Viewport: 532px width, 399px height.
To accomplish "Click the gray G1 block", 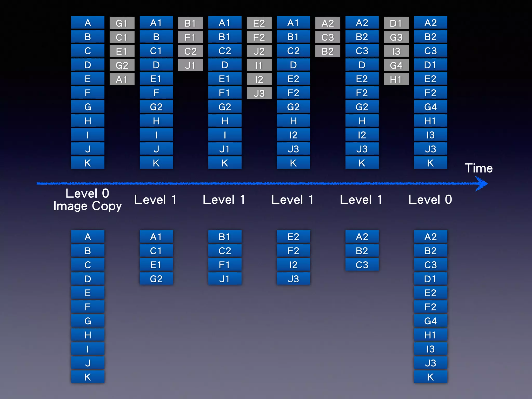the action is coord(122,23).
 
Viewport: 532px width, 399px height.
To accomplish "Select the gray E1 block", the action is coord(122,51).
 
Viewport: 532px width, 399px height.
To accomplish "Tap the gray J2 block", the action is coord(259,51).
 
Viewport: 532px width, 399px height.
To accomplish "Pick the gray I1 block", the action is coord(259,65).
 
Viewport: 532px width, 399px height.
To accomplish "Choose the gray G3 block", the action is coord(396,37).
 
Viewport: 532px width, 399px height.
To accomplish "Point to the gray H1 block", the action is coord(396,79).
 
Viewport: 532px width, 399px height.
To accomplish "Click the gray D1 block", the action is coord(396,23).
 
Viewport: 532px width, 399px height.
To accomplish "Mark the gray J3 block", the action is coord(259,93).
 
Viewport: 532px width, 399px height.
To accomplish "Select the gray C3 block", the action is coord(328,37).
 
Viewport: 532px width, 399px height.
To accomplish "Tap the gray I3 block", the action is coord(396,51).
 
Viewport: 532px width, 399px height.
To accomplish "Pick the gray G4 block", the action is coord(396,65).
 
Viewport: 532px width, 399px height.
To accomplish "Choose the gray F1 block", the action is coord(190,37).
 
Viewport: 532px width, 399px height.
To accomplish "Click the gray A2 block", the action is coord(328,23).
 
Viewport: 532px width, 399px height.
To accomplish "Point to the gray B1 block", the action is coord(190,23).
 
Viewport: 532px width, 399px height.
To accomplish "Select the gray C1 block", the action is coord(122,37).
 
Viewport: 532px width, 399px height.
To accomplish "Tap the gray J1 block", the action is coord(190,65).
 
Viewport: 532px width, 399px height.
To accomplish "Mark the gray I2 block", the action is coord(259,79).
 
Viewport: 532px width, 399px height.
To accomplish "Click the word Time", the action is coord(478,168).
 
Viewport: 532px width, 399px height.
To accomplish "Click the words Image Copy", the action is coord(88,206).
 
